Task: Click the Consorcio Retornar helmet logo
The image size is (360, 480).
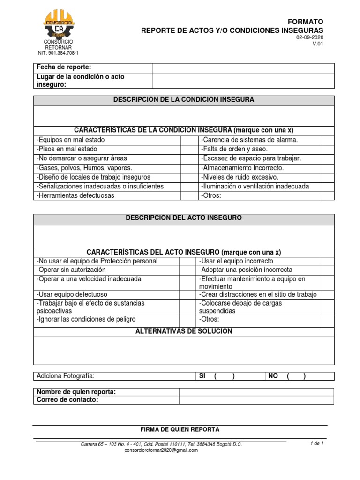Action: pos(58,23)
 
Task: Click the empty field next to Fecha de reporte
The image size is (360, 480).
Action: pos(243,68)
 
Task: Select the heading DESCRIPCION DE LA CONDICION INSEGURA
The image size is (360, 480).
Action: pos(184,100)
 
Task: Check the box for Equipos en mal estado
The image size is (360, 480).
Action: pos(187,140)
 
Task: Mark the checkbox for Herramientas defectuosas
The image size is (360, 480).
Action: pos(187,195)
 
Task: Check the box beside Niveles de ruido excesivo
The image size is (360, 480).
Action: pos(328,177)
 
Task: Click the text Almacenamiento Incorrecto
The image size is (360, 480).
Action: pos(242,168)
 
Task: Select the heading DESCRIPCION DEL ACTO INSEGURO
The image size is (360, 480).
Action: pos(184,218)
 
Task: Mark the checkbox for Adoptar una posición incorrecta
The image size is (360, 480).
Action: pos(328,270)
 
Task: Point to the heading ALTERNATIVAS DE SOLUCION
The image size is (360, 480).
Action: pos(184,331)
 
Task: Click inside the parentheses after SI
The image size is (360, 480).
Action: pos(225,376)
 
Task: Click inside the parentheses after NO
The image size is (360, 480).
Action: pos(296,376)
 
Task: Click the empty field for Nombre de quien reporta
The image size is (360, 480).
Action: pos(256,392)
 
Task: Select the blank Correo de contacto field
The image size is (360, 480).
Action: pos(256,400)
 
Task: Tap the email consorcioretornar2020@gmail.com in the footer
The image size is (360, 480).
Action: pos(161,450)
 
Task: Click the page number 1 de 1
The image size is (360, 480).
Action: pos(317,443)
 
